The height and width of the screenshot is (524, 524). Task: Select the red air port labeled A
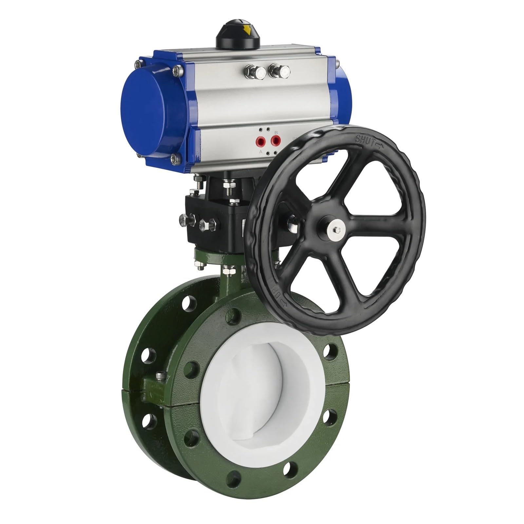point(261,142)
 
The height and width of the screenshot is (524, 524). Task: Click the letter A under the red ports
point(261,152)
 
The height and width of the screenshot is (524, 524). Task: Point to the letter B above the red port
point(276,132)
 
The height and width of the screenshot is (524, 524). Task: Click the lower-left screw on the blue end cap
point(177,159)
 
